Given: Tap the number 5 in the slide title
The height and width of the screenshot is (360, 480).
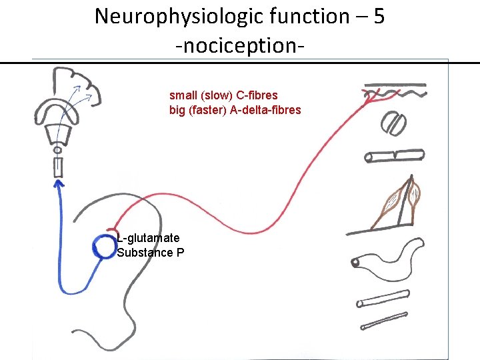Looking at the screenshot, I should pos(379,16).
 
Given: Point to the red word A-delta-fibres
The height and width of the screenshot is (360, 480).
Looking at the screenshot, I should pos(265,110).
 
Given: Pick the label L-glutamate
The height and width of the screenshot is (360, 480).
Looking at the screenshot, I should pos(148,238).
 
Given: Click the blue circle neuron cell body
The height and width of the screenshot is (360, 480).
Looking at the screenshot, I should pos(104,247).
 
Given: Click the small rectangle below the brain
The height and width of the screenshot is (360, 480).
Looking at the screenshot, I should pos(58,167).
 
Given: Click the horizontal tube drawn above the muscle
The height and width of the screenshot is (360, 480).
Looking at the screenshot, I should pos(394,156).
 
